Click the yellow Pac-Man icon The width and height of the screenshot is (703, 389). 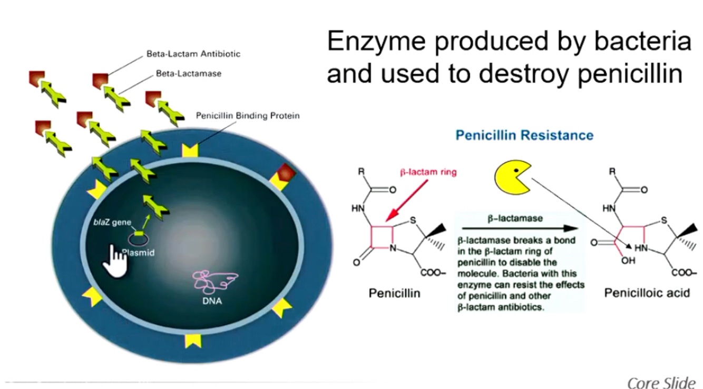[x=512, y=177]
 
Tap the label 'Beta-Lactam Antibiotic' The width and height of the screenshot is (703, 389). [x=193, y=54]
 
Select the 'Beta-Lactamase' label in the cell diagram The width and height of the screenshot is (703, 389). [x=189, y=74]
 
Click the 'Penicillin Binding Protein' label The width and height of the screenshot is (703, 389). [x=248, y=115]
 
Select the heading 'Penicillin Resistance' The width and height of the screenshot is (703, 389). [x=524, y=136]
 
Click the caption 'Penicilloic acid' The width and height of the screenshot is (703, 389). [x=647, y=293]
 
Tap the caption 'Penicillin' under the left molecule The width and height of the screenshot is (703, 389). [x=394, y=293]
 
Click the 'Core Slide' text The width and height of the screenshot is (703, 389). [x=661, y=382]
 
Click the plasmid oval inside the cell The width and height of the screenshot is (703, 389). [x=138, y=241]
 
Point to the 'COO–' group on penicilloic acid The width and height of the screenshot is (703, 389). [x=685, y=273]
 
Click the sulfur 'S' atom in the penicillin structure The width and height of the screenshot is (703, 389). [x=414, y=220]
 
